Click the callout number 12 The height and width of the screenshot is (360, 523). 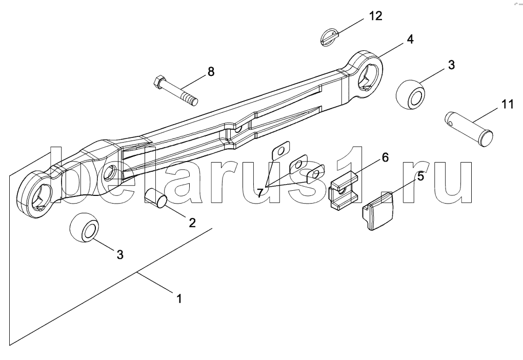(375, 16)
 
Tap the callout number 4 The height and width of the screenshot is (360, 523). (410, 39)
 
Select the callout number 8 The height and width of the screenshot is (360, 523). (211, 71)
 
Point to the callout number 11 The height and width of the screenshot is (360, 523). (507, 104)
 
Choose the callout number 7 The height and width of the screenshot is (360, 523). (260, 193)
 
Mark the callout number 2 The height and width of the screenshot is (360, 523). (192, 223)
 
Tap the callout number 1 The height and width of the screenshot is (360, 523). (179, 298)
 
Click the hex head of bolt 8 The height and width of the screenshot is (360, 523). (158, 81)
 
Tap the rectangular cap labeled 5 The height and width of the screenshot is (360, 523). (378, 211)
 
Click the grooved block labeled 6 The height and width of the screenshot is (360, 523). (344, 190)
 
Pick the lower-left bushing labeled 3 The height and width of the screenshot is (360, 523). (85, 228)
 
